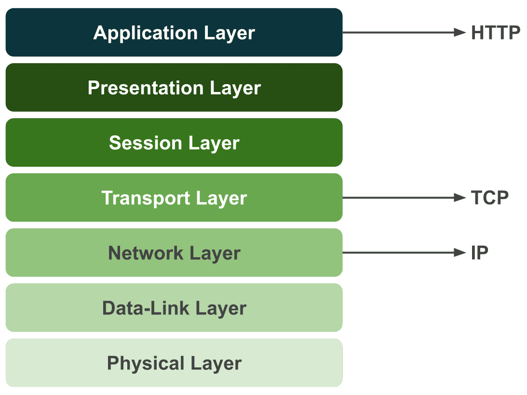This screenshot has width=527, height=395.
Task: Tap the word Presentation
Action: pyautogui.click(x=146, y=88)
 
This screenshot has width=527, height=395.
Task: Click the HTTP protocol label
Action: pyautogui.click(x=495, y=33)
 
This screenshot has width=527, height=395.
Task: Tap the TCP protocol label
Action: pyautogui.click(x=489, y=198)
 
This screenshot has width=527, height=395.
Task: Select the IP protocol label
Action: pyautogui.click(x=479, y=253)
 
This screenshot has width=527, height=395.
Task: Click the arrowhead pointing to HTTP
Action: pyautogui.click(x=459, y=33)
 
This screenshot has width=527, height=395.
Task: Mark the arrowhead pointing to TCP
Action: pyautogui.click(x=459, y=198)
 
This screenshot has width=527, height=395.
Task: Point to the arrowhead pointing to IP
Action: pyautogui.click(x=459, y=253)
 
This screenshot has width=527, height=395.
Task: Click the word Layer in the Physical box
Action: pyautogui.click(x=216, y=363)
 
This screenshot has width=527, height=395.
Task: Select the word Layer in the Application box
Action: pyautogui.click(x=229, y=33)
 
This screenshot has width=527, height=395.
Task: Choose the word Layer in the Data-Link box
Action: pyautogui.click(x=221, y=308)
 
